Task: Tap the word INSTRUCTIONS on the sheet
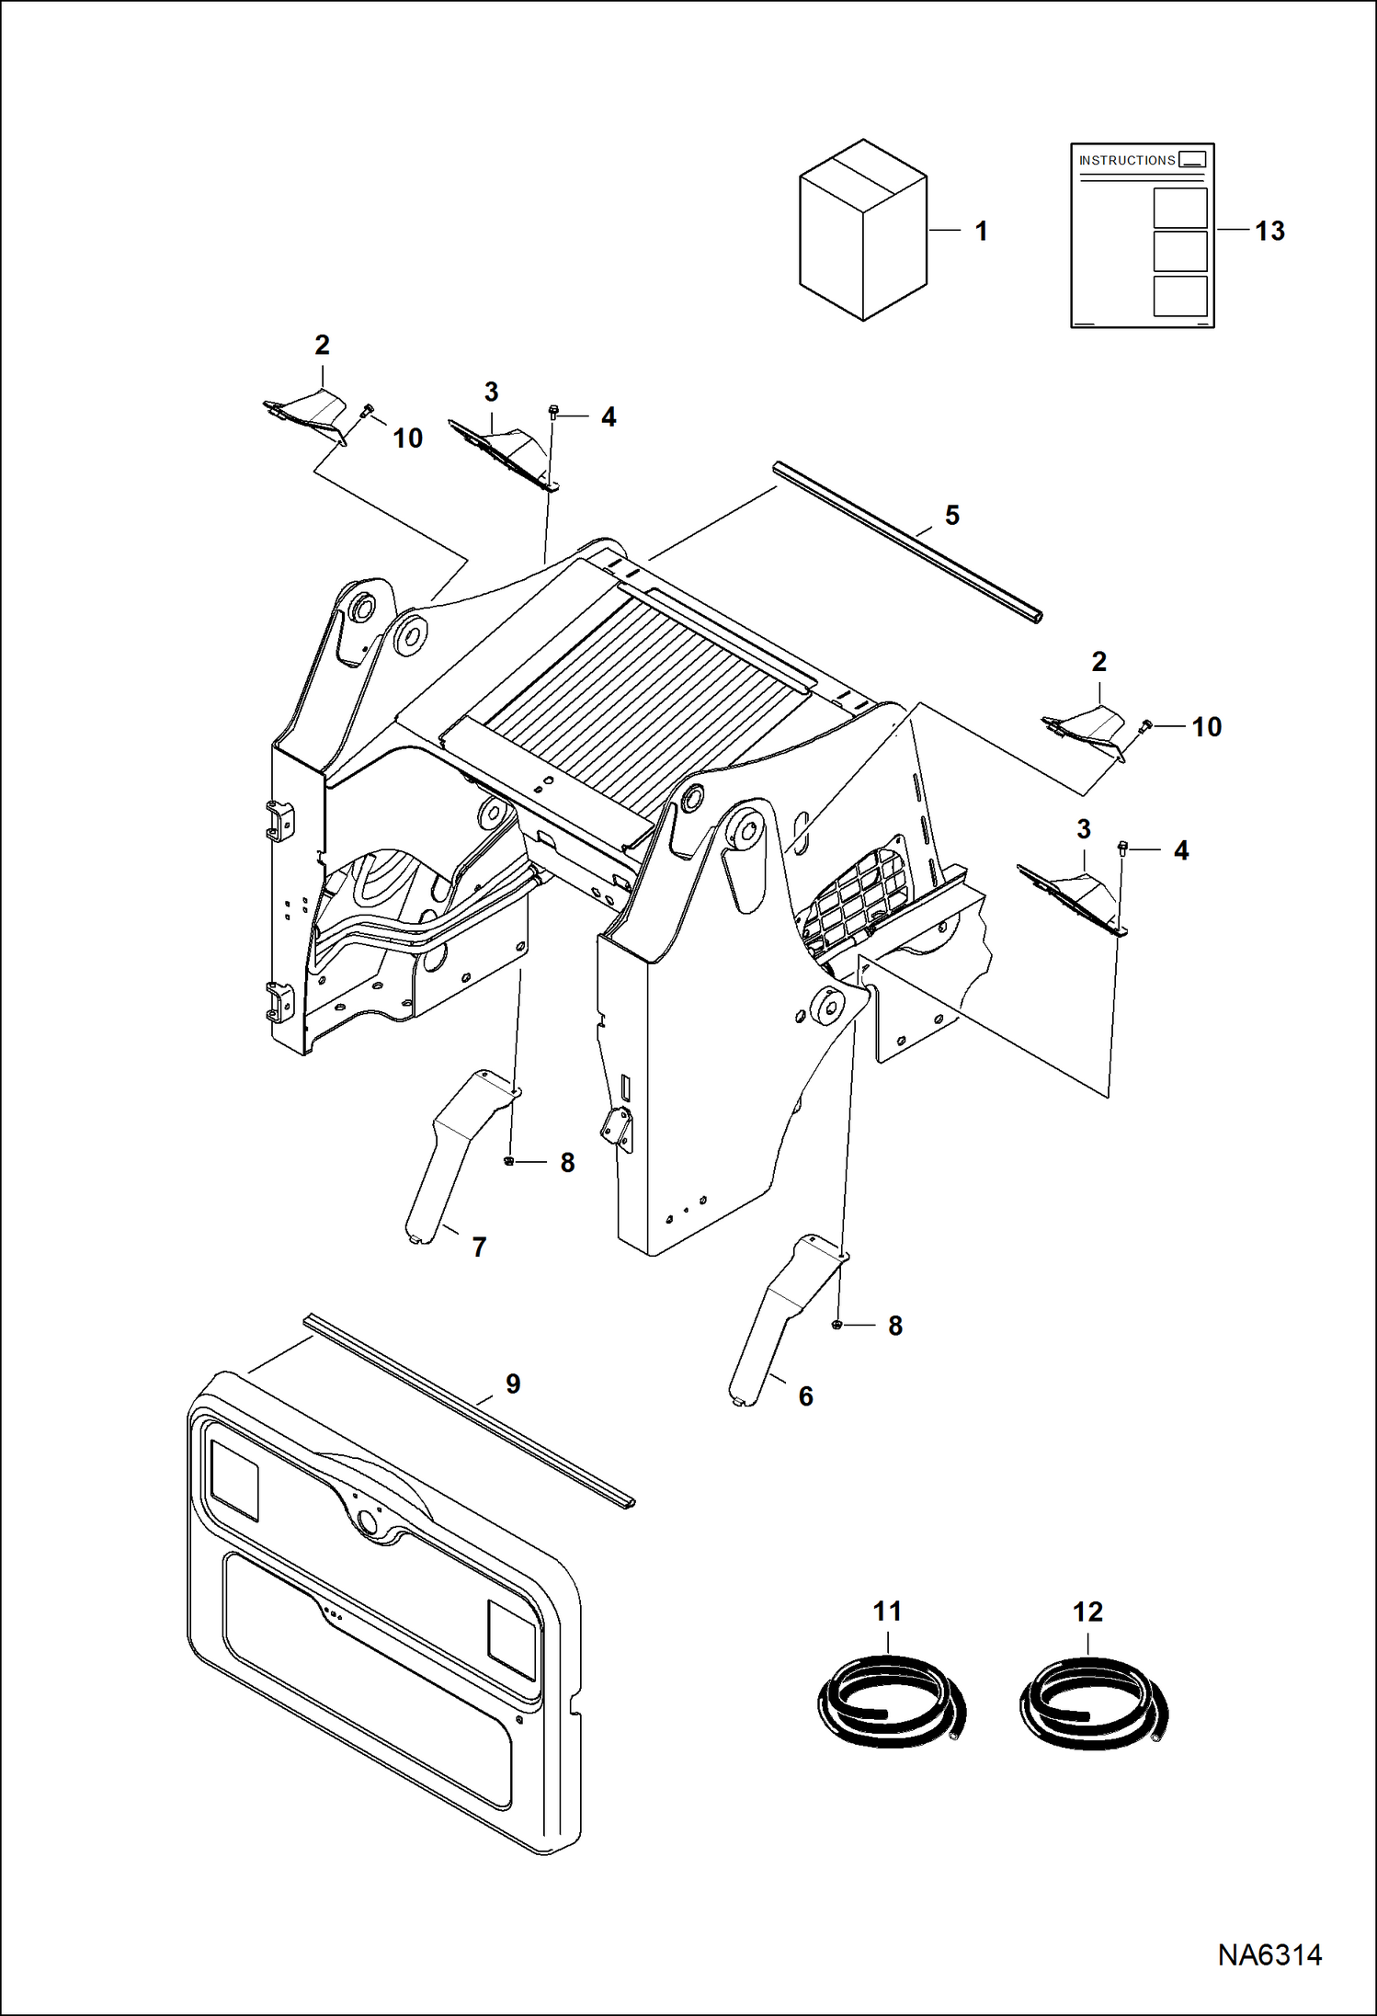pos(1127,160)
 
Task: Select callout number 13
pos(1269,231)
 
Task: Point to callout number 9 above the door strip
pos(513,1384)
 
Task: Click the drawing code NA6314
pos(1269,1954)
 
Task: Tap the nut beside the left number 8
pos(508,1162)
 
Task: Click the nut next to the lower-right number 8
pos(836,1325)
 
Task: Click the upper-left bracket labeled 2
pos(308,412)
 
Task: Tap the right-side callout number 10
pos(1206,727)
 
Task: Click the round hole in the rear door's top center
pos(370,1521)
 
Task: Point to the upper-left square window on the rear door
pos(234,1479)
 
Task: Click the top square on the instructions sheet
pos(1179,208)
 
